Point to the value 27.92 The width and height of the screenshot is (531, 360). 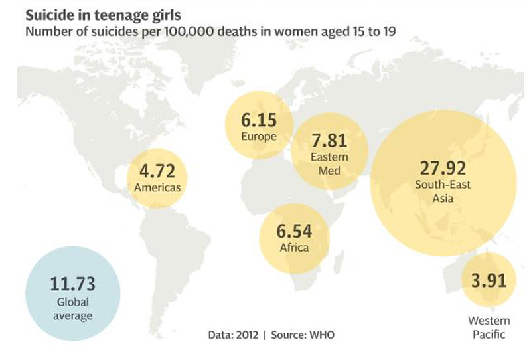[x=443, y=166]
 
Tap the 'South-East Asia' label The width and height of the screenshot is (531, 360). [x=443, y=191]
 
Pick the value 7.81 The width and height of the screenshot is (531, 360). [x=329, y=141]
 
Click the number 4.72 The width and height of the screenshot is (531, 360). [x=157, y=171]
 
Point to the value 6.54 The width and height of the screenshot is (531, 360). [x=294, y=232]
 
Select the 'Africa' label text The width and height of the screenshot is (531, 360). [x=294, y=248]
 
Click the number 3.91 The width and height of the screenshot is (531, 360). [x=489, y=279]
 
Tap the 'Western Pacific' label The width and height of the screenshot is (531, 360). [x=489, y=328]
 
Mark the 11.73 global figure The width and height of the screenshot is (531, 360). [x=73, y=285]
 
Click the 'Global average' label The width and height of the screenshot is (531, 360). [x=73, y=309]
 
